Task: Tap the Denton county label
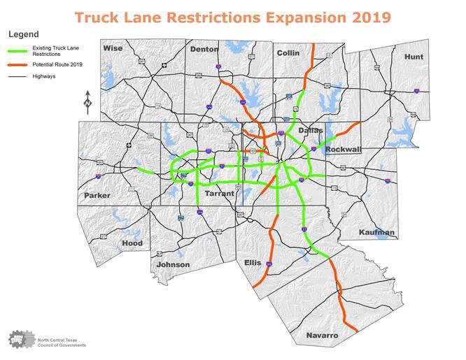click(204, 49)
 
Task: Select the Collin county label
click(288, 52)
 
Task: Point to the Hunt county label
click(414, 56)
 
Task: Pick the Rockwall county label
click(342, 149)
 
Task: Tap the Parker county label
click(97, 195)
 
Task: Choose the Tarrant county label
click(220, 194)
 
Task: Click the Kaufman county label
click(376, 232)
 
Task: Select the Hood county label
click(132, 243)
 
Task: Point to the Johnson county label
click(173, 264)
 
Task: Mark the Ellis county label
click(253, 263)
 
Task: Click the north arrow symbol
click(87, 102)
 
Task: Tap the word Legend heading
click(23, 34)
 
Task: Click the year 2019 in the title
click(366, 16)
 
